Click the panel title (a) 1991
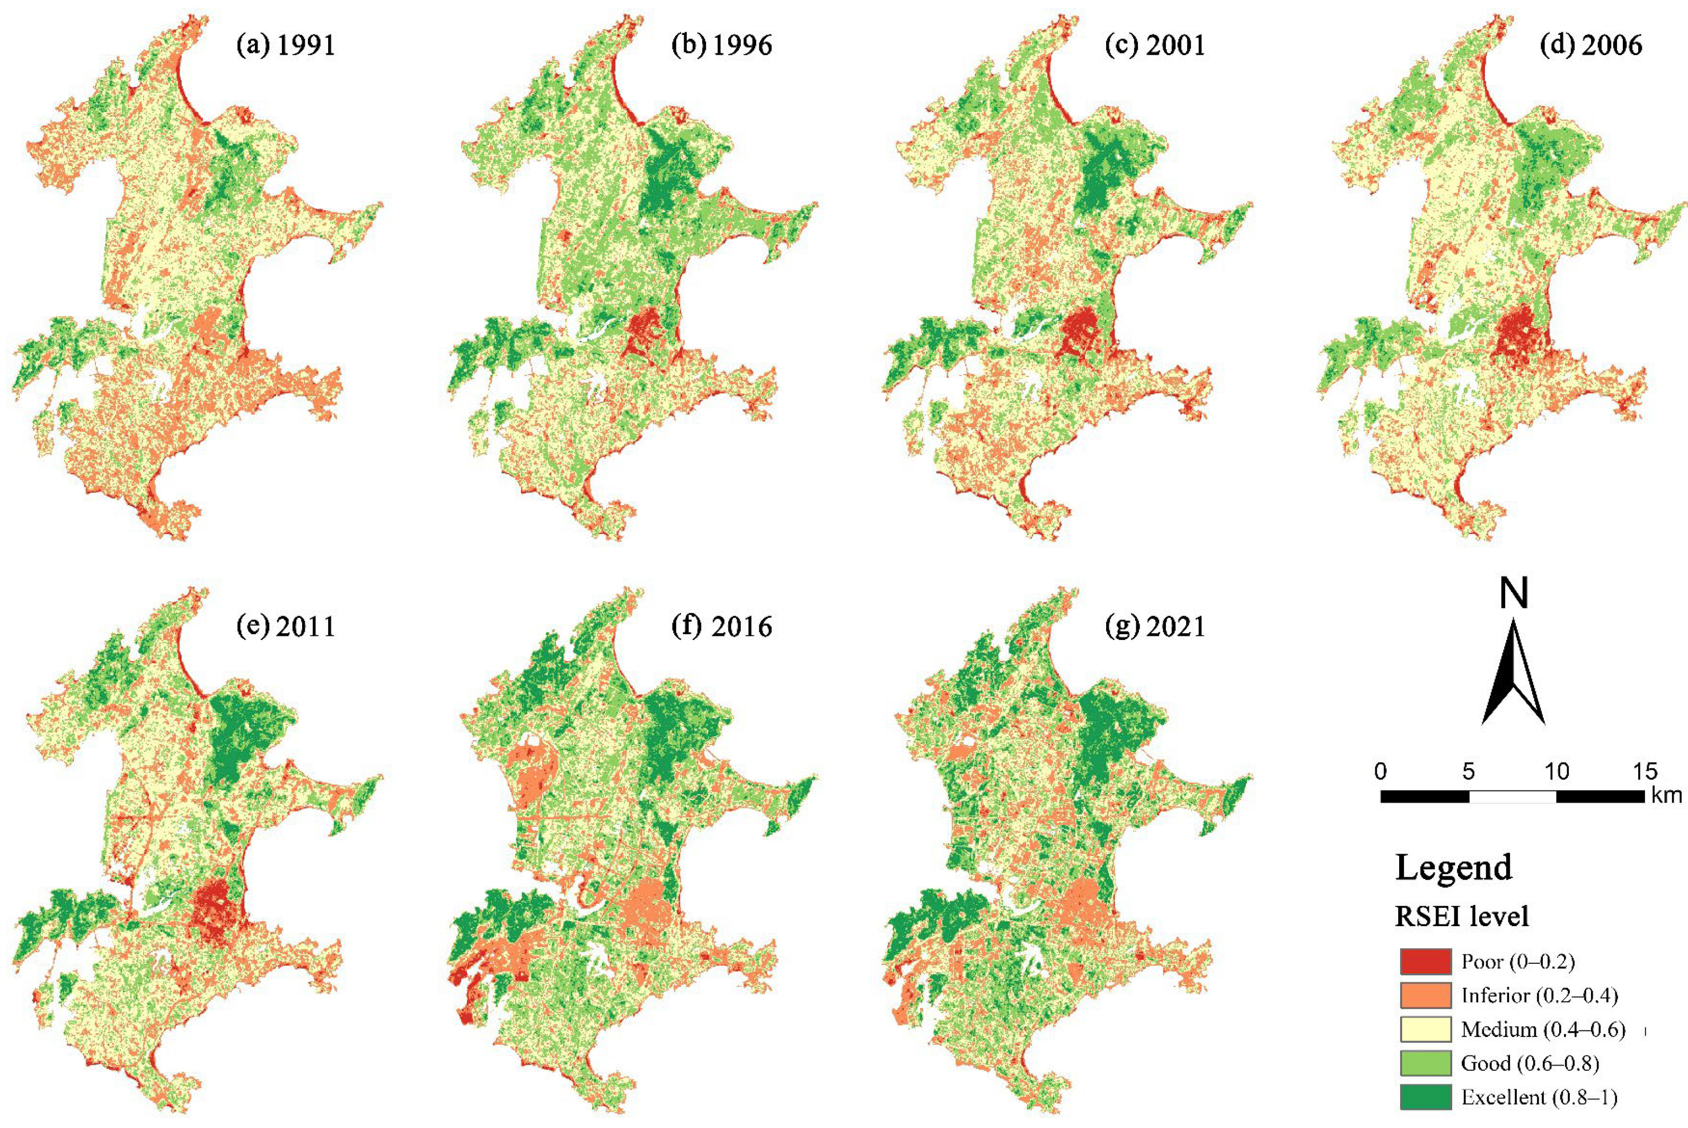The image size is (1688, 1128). (286, 46)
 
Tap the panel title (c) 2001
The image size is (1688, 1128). (1155, 46)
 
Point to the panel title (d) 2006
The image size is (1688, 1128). (1592, 46)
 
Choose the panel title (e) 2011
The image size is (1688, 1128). (286, 627)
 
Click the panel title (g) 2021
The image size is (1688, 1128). (1155, 627)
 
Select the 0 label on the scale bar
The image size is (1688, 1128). (1380, 771)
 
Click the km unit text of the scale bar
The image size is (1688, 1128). (1666, 796)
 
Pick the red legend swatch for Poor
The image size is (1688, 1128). (1425, 962)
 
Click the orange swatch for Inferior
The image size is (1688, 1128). (1425, 996)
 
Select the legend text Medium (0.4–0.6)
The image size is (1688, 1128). (1543, 1029)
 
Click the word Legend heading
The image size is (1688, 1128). (1453, 867)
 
